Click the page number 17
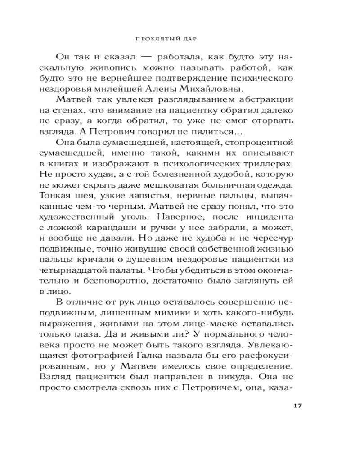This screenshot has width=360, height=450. tap(297, 405)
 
